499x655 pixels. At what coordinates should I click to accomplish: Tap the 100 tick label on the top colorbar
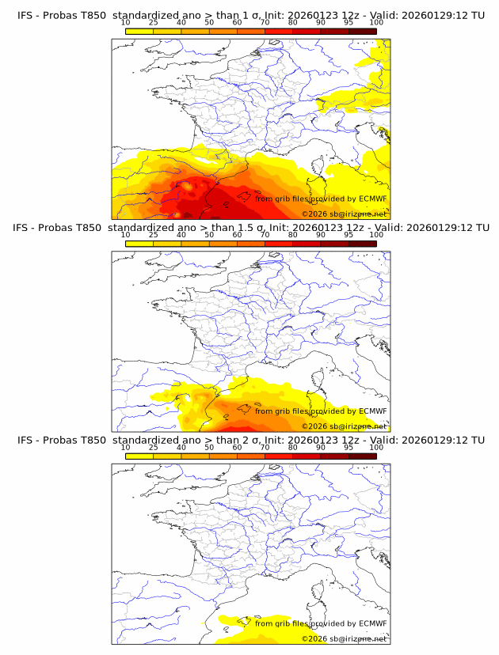coord(376,22)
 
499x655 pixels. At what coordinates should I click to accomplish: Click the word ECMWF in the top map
coord(372,199)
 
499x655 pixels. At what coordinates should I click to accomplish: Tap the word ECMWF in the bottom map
coord(372,623)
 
